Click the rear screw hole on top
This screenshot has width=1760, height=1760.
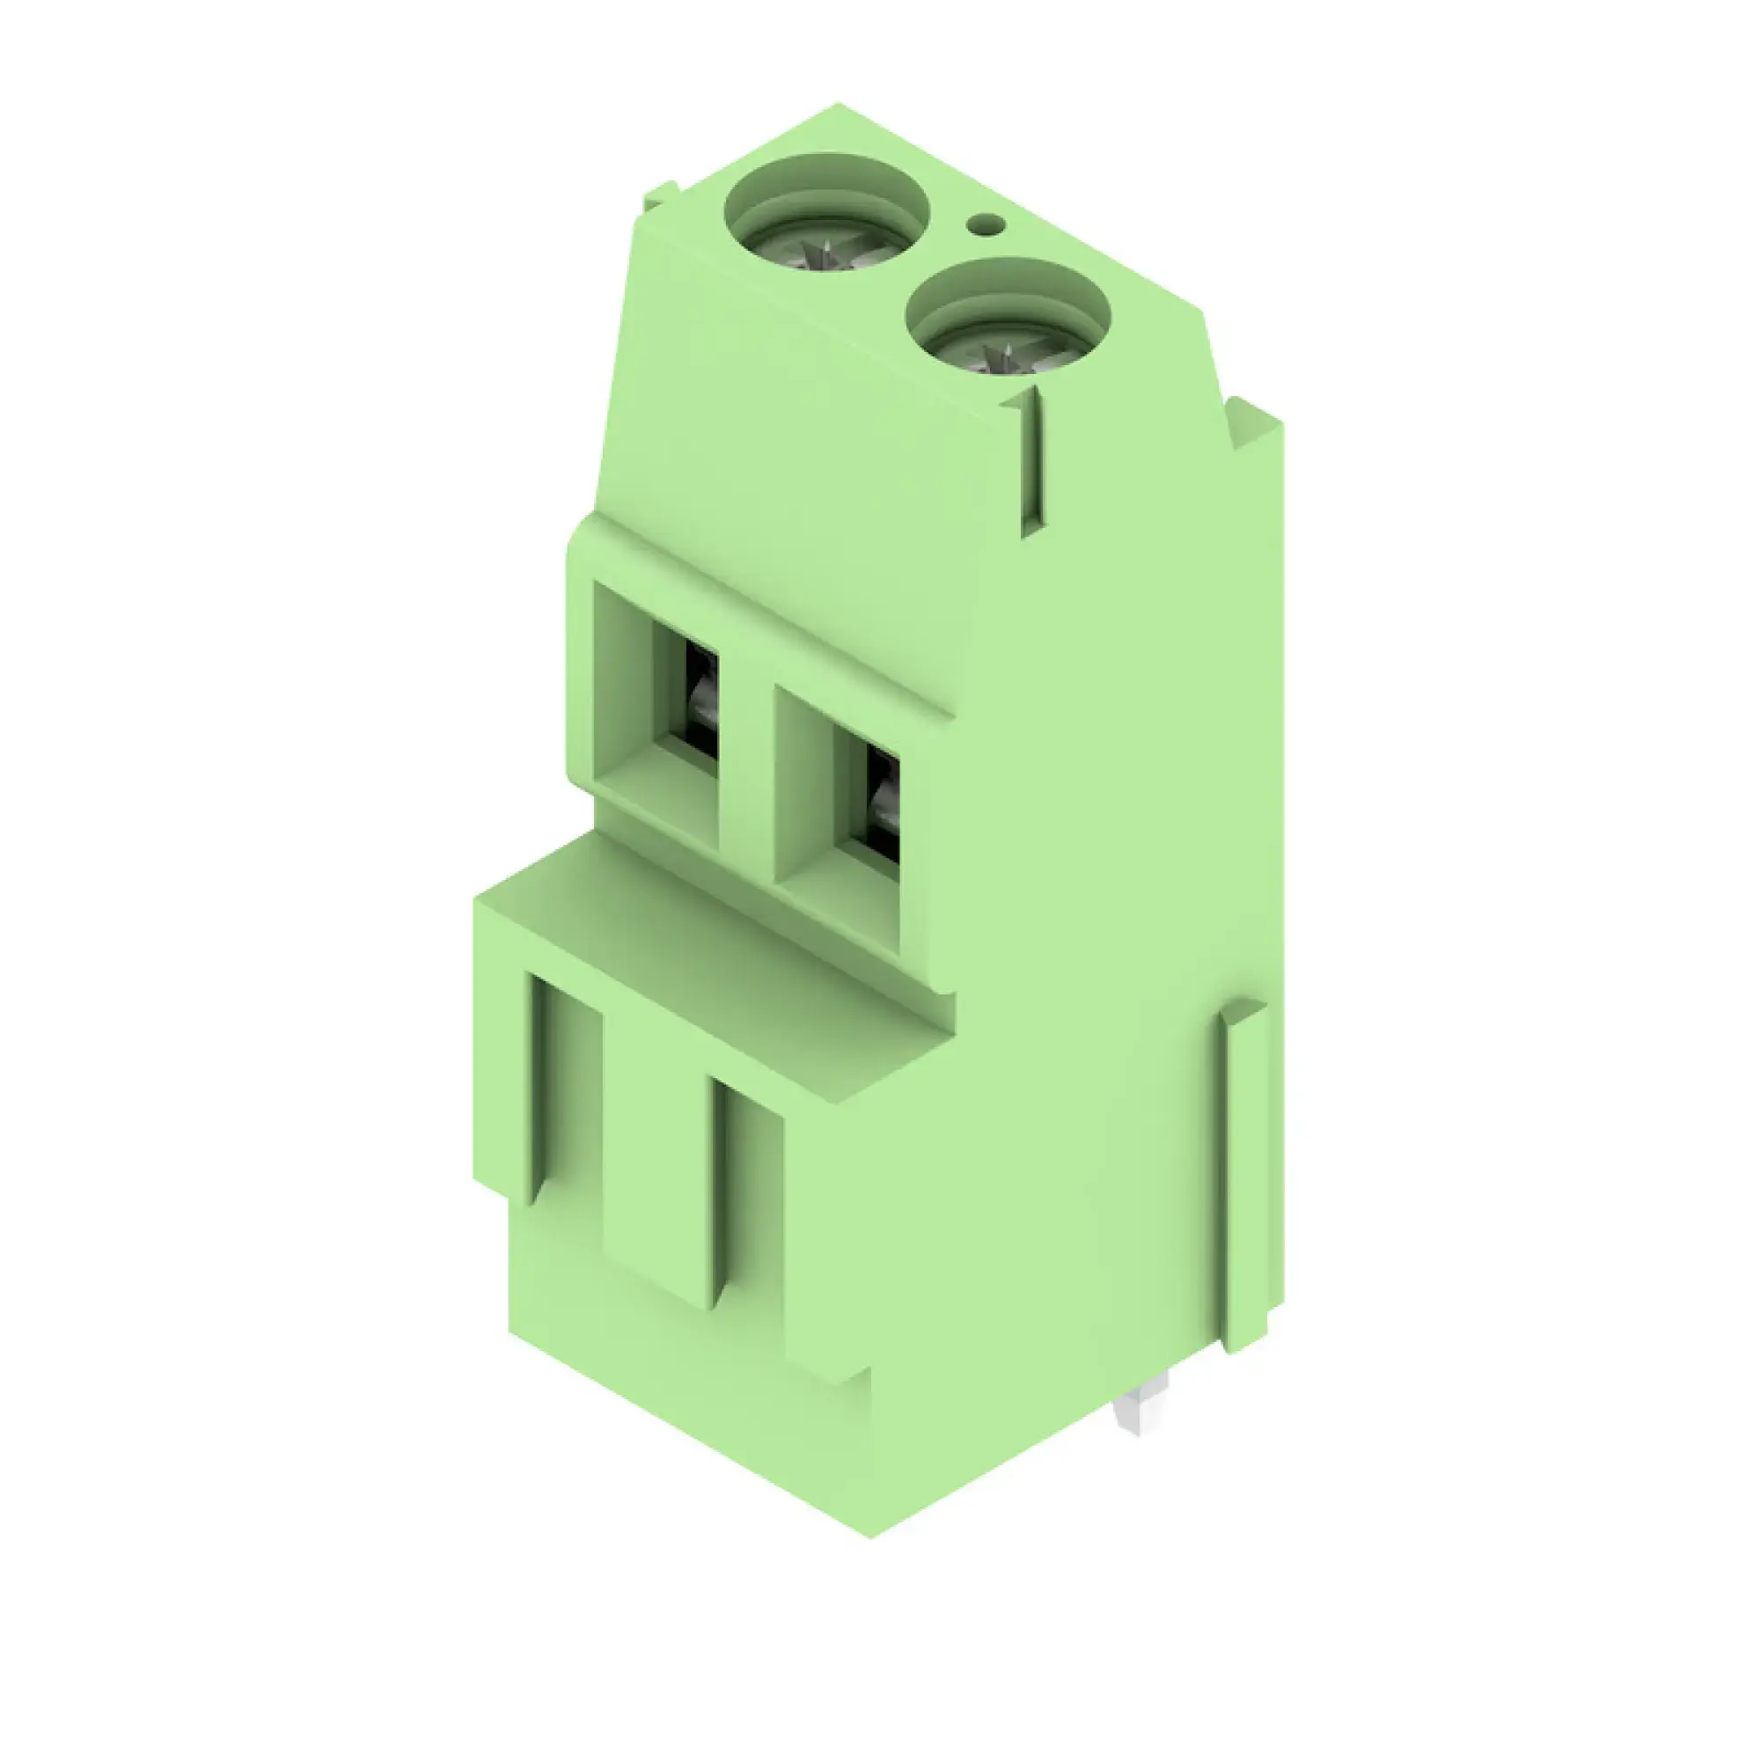826,212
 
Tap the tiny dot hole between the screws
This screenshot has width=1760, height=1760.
985,224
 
